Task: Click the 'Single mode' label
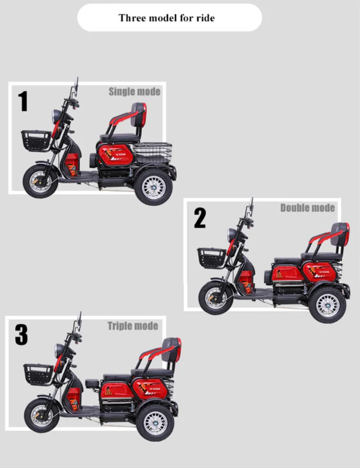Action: coord(134,91)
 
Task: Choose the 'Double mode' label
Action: coord(307,208)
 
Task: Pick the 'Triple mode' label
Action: coord(132,326)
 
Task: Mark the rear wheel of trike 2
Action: coord(327,305)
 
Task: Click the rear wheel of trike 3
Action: coord(154,422)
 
